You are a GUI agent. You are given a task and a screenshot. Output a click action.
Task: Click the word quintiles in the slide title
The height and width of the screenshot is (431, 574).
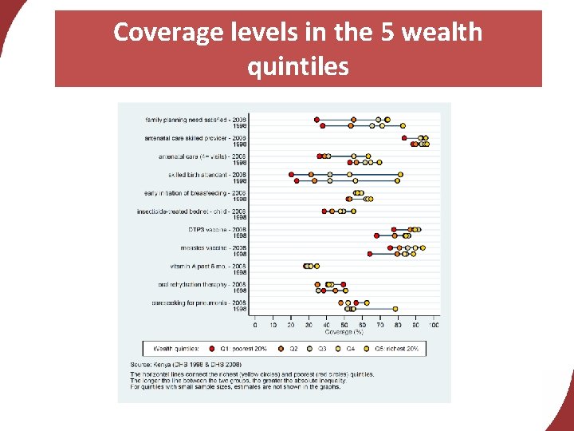[298, 65]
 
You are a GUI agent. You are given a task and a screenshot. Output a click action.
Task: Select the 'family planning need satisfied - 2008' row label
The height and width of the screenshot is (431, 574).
[195, 120]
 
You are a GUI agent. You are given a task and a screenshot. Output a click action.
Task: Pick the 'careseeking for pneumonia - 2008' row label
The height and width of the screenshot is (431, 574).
[199, 302]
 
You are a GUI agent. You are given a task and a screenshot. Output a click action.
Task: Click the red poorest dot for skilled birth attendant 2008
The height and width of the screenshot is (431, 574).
[291, 174]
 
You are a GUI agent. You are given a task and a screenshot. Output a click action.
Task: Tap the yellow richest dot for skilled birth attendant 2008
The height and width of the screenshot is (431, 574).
[400, 174]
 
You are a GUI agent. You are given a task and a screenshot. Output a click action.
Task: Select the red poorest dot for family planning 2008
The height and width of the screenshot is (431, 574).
[316, 120]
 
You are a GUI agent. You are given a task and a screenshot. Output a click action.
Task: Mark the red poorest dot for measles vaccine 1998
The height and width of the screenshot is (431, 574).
[370, 254]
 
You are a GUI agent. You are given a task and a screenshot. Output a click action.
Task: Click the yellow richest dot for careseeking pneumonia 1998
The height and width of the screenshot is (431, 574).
[395, 309]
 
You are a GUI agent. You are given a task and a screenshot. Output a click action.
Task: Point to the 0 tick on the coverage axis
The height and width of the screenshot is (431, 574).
[255, 325]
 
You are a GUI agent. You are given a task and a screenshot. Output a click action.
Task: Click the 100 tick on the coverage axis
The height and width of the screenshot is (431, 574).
[434, 325]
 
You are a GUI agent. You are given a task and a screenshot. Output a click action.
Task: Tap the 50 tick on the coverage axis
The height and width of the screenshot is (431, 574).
[344, 325]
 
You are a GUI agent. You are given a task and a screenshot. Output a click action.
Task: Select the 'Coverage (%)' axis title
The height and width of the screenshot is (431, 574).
[344, 332]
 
